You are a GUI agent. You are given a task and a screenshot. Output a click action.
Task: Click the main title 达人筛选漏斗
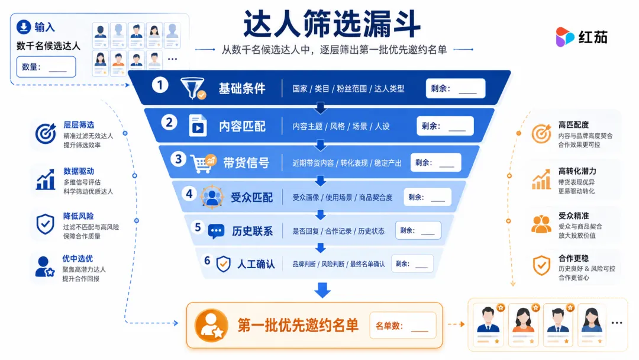(x=332, y=24)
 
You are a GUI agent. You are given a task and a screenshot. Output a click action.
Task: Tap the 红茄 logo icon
(x=564, y=37)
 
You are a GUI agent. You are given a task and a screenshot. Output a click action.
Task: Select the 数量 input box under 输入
(x=46, y=67)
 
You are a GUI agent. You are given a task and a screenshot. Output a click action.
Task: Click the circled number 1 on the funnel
(x=160, y=85)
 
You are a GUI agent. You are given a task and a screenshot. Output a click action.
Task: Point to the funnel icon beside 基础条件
(x=193, y=88)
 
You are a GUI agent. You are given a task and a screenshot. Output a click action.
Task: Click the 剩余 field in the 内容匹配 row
(x=445, y=126)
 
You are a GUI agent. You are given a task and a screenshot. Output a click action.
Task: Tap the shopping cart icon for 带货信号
(x=204, y=163)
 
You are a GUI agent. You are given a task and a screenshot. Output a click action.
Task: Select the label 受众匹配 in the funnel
(x=251, y=198)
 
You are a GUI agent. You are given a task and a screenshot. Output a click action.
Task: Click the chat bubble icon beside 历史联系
(x=216, y=231)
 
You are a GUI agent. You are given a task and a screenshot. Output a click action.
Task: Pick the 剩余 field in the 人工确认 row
(x=412, y=263)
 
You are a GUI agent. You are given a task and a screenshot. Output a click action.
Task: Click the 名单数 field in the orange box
(x=403, y=325)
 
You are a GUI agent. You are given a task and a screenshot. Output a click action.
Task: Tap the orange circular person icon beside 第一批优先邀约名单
(x=211, y=325)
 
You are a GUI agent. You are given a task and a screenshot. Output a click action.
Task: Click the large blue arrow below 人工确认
(x=322, y=290)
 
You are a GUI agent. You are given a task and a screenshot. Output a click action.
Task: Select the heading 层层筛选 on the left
(x=79, y=125)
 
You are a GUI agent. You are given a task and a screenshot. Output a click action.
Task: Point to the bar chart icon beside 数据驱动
(x=46, y=179)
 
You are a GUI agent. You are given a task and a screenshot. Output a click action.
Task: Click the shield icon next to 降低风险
(x=45, y=224)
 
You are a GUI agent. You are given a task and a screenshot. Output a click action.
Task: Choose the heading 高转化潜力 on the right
(x=577, y=171)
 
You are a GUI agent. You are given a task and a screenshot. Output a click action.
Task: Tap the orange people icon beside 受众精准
(x=541, y=224)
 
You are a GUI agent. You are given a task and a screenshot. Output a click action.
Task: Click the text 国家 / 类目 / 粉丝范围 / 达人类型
(x=348, y=89)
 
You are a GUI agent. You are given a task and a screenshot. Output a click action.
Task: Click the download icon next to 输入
(x=24, y=27)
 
